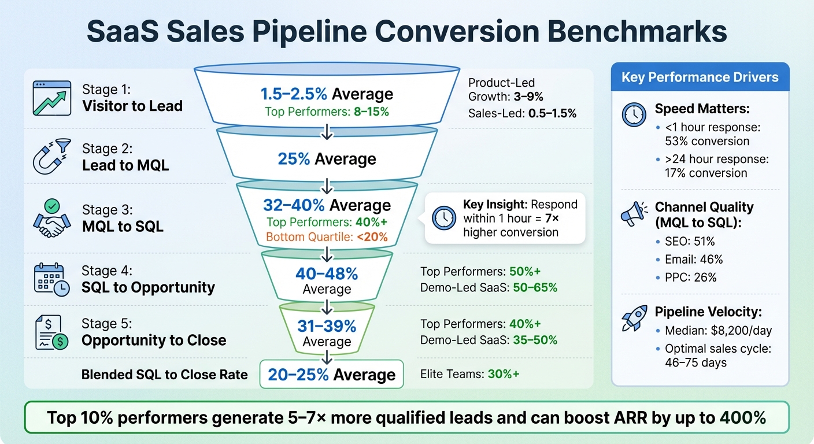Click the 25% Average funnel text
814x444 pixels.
click(x=327, y=159)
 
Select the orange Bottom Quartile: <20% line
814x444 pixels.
click(x=327, y=236)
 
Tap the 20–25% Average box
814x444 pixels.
click(x=331, y=374)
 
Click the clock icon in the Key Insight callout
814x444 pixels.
click(x=443, y=218)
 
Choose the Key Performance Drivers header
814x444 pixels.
click(x=700, y=77)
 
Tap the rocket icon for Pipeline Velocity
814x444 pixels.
click(x=634, y=318)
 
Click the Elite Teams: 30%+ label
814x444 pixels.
click(x=469, y=374)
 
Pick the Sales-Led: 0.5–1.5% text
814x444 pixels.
click(x=522, y=113)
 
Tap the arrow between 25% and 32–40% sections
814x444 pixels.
click(x=327, y=185)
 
